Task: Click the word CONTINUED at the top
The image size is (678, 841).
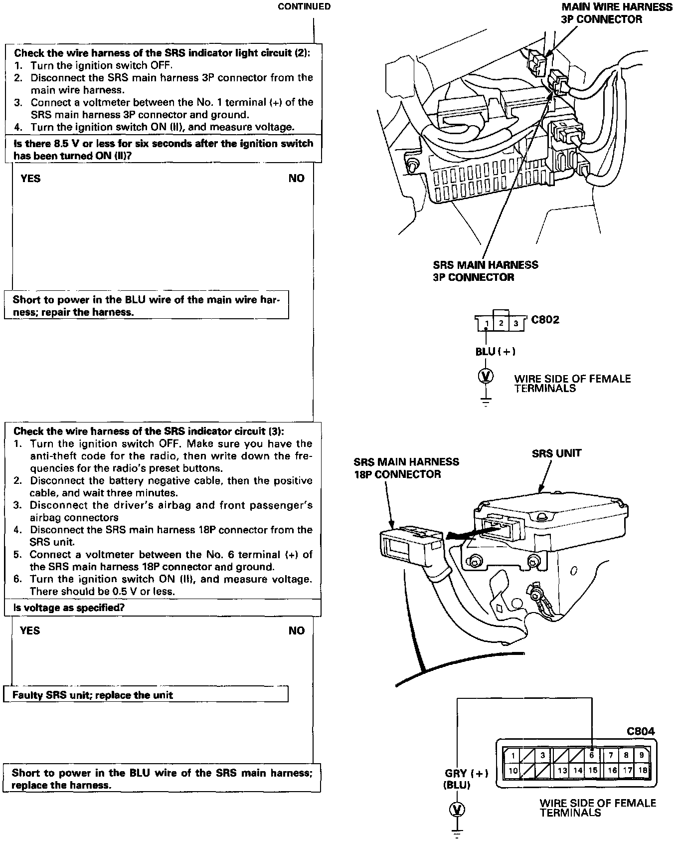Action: coord(304,6)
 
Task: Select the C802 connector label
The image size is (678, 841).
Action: coord(545,320)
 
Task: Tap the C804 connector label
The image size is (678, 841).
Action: coord(641,731)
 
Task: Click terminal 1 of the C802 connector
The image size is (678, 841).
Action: coord(486,324)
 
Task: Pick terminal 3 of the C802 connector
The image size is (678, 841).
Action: coord(516,324)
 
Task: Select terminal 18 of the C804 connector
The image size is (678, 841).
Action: coord(643,770)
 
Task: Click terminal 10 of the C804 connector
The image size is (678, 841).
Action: coord(513,770)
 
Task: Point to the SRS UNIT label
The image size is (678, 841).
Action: coord(557,453)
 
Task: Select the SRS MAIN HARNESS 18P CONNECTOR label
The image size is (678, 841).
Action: coord(406,468)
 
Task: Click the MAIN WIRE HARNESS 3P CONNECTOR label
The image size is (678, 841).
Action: coord(617,13)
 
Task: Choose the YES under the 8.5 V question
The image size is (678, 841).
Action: coord(30,179)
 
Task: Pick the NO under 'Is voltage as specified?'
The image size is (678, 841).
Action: coord(296,631)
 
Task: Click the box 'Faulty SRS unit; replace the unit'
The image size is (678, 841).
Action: coord(146,695)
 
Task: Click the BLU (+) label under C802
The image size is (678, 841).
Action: coord(495,352)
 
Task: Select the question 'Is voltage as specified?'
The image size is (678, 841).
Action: coord(69,608)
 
